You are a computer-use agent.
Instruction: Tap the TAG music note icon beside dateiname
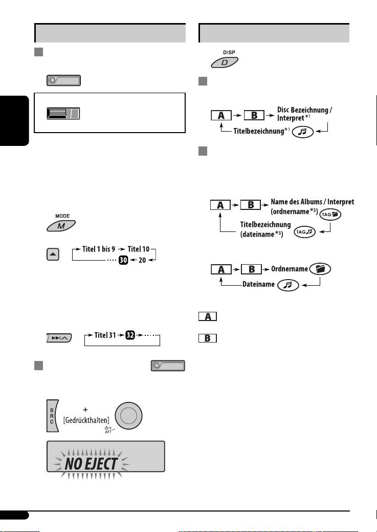[x=303, y=233]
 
